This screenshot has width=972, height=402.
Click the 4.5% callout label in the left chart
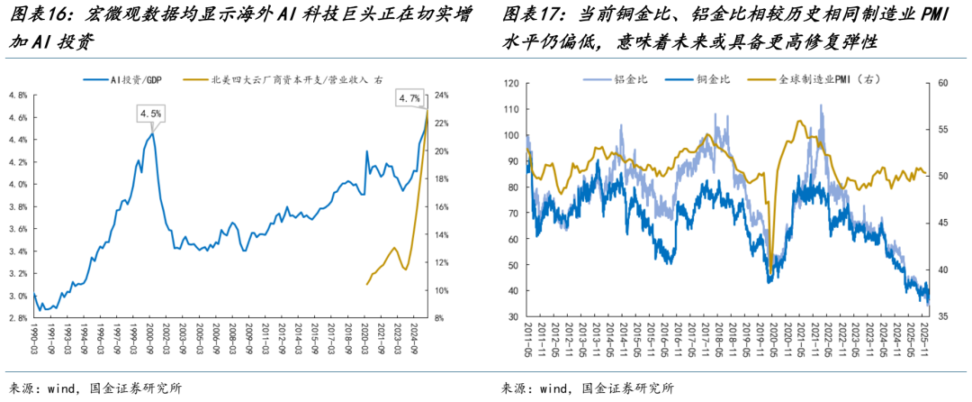pyautogui.click(x=150, y=114)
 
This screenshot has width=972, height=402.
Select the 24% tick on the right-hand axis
pyautogui.click(x=442, y=95)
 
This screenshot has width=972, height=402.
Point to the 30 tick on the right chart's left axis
pyautogui.click(x=514, y=317)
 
